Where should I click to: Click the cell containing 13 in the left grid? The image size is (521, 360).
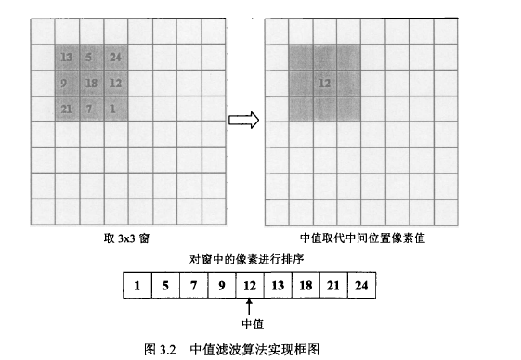coord(66,58)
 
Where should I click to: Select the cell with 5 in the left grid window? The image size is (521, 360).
coord(91,58)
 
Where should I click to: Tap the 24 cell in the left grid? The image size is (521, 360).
coord(116,58)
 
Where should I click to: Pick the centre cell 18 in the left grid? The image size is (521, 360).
coord(91,84)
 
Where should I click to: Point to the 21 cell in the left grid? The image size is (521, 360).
coord(66,109)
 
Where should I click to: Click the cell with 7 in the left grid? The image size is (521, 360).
coord(91,109)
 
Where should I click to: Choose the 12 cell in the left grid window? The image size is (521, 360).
coord(116,84)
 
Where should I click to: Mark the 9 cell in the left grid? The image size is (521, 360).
coord(66,84)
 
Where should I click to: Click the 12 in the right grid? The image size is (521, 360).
coord(325,84)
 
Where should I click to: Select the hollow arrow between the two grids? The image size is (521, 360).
coord(242,120)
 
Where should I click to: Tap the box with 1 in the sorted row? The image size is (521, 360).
coord(137,286)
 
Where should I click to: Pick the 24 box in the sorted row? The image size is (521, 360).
coord(361,286)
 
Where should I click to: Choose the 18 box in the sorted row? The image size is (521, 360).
coord(306,286)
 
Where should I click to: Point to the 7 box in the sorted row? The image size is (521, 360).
coord(193,286)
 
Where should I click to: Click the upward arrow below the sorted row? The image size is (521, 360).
coord(250,308)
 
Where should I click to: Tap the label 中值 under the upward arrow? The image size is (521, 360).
coord(252,325)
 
